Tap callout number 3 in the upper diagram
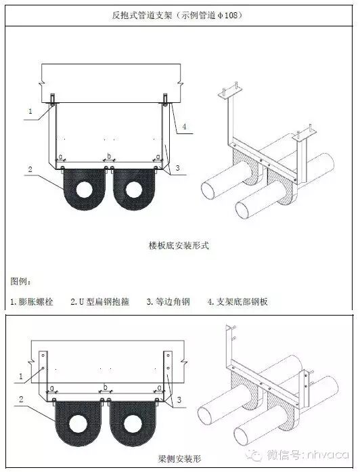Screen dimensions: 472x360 tap(177, 167)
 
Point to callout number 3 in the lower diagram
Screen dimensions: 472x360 tap(178, 401)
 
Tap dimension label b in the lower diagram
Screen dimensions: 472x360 tap(104, 387)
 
